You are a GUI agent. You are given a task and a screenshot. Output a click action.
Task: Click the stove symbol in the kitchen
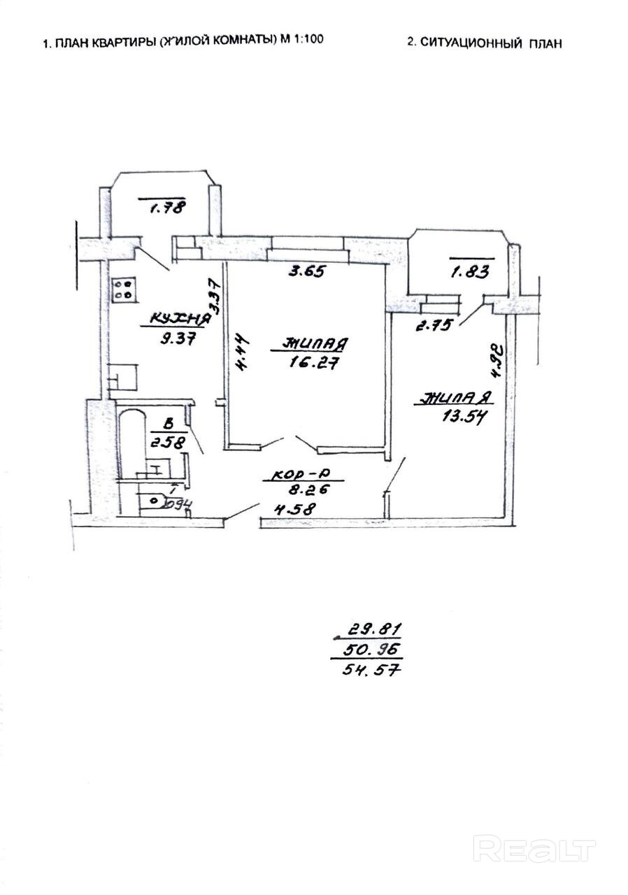tap(123, 289)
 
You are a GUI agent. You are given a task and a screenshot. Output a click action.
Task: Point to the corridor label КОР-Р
tap(297, 475)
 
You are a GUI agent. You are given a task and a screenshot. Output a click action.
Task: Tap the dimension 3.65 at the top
tap(307, 271)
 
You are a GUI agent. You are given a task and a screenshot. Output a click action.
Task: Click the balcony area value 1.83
tap(471, 272)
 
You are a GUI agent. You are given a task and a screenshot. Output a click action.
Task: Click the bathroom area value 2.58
tap(166, 441)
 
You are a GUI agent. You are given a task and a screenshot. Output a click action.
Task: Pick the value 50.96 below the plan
tap(372, 650)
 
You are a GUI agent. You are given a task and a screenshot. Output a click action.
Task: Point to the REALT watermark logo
tap(534, 849)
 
